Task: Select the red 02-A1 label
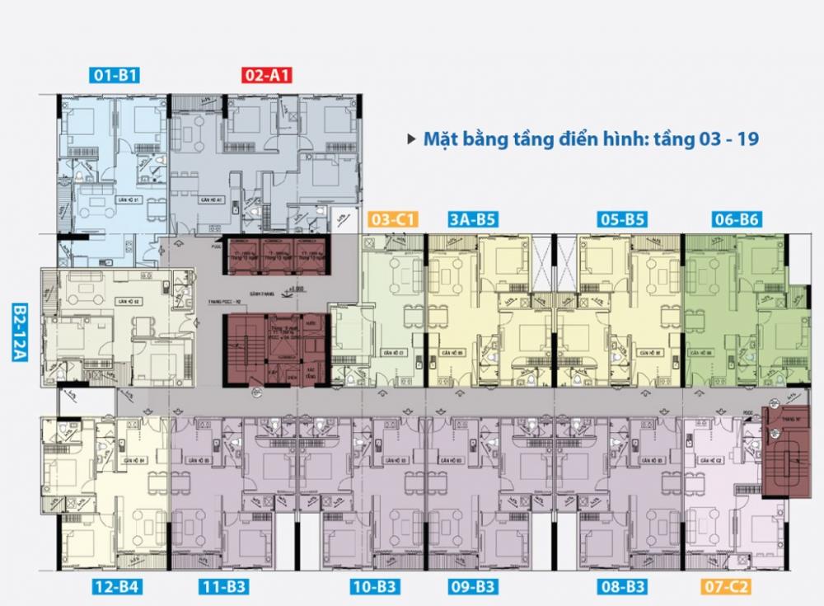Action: tap(268, 76)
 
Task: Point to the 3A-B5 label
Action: tap(473, 219)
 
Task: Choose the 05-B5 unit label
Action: tap(623, 219)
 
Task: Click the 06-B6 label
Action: tap(737, 219)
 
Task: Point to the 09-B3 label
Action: tap(473, 587)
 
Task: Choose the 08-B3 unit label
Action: tap(623, 587)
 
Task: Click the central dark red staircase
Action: tap(247, 350)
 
